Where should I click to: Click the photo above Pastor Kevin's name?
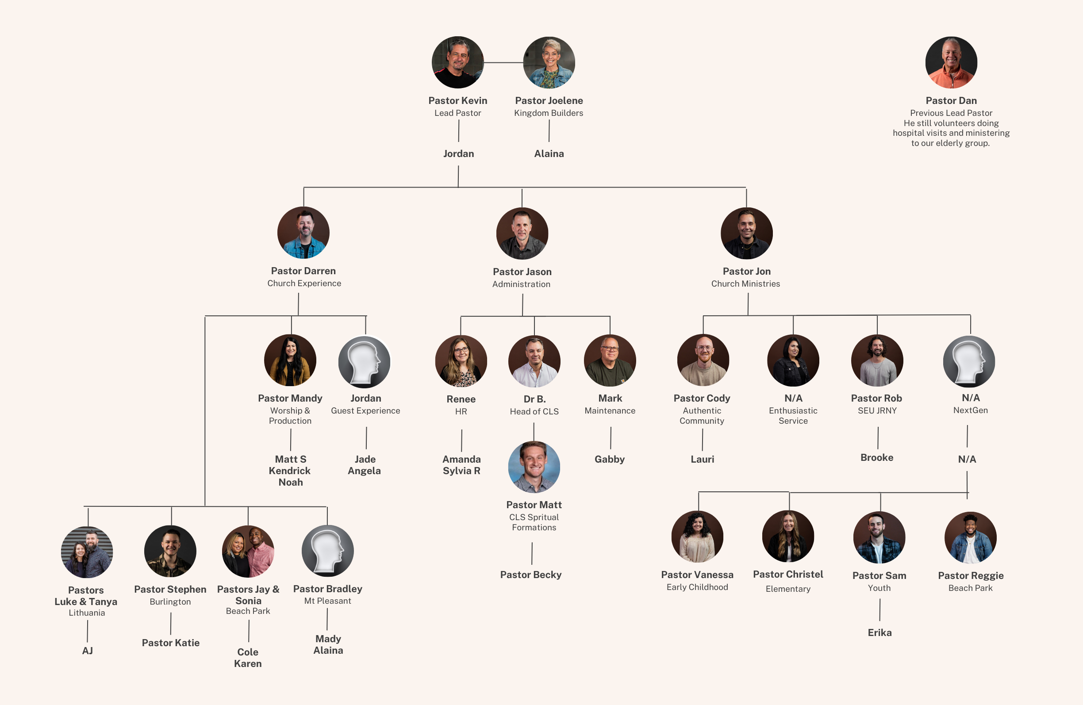pos(458,62)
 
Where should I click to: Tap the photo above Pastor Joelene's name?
pos(549,62)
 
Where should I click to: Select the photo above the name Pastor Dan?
pos(951,62)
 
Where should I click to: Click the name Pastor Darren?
pos(303,271)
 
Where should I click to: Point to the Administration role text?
pos(522,284)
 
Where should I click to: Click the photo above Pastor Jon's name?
pos(747,234)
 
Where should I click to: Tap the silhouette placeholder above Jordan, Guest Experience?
pos(365,362)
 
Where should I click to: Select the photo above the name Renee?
pos(461,361)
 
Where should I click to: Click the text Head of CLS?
pos(534,412)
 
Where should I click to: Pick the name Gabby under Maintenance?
pos(610,460)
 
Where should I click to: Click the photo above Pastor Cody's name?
pos(703,360)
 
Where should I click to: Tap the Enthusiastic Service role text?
pos(793,416)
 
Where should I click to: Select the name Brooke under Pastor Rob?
pos(877,458)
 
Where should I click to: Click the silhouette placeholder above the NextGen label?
pos(969,362)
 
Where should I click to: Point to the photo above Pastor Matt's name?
pos(534,467)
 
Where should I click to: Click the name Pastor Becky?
pos(531,575)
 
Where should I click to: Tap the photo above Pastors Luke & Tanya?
pos(87,552)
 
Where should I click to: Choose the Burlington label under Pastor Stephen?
pos(170,602)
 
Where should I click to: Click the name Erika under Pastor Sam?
pos(879,632)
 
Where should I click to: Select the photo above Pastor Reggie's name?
pos(971,538)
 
